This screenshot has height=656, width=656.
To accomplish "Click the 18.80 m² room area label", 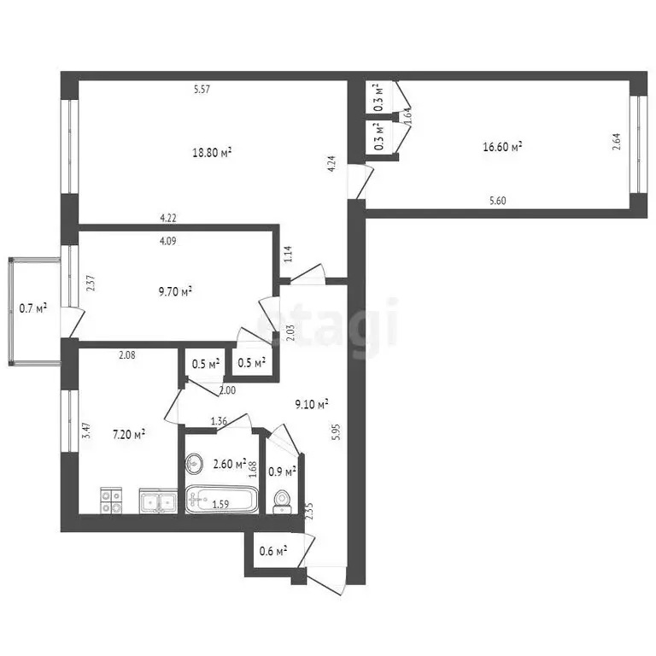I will (212, 153).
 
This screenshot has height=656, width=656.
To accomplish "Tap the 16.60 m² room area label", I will (502, 147).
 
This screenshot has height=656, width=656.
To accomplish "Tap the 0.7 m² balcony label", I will (33, 307).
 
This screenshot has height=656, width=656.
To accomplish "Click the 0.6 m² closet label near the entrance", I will (272, 551).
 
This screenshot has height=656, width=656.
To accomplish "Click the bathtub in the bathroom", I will (221, 501).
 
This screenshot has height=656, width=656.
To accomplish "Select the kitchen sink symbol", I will (158, 501).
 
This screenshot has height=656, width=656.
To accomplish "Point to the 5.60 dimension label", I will (498, 202).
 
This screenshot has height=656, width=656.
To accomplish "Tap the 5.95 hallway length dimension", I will (337, 432).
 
